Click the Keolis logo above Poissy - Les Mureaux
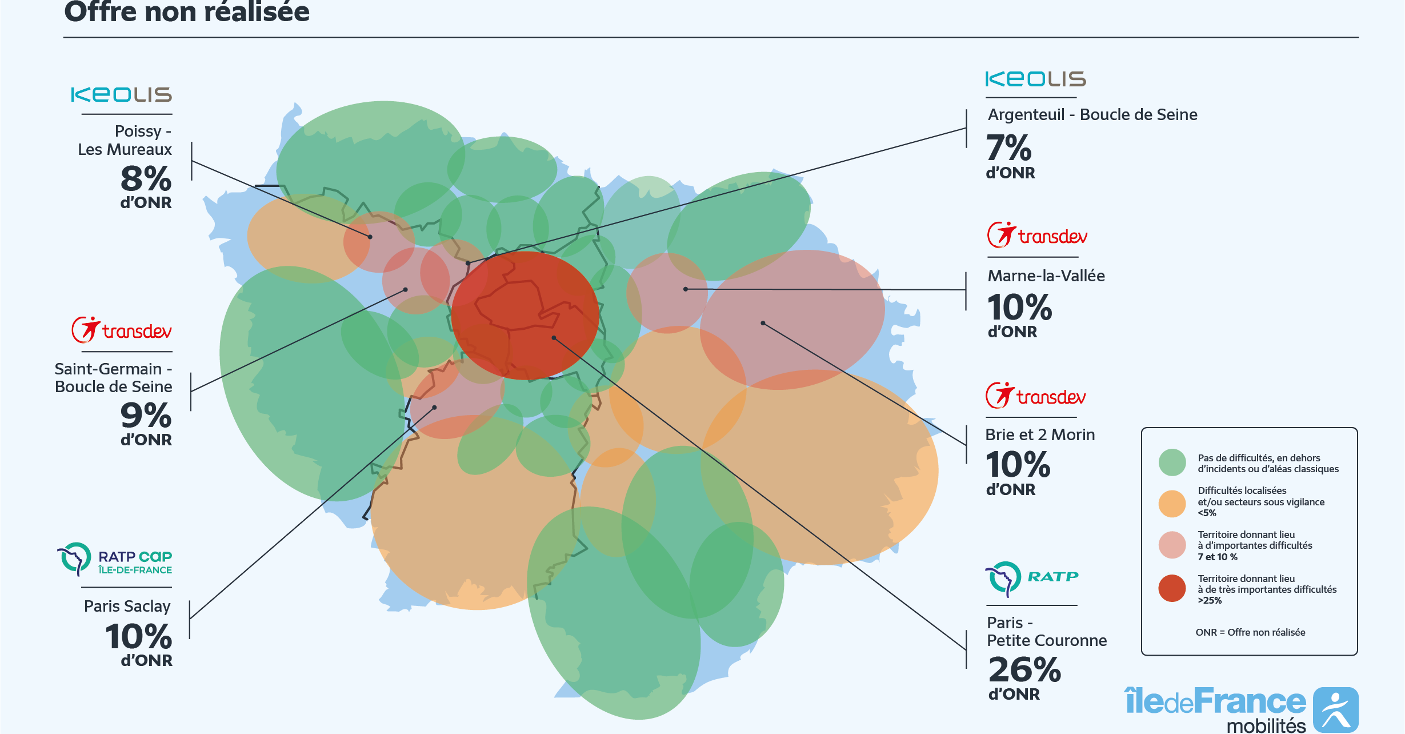coord(121,95)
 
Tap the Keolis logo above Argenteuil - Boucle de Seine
coord(1035,79)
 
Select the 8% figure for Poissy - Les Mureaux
coord(146,179)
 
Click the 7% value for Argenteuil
coord(1008,148)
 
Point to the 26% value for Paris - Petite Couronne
coord(1024,670)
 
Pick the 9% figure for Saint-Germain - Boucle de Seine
coord(146,416)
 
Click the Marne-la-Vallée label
coord(1046,276)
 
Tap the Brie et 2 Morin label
coord(1040,435)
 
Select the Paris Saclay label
coord(127,606)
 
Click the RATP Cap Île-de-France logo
coord(115,559)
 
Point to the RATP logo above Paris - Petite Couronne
coord(1031,578)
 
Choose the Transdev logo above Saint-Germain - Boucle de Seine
coord(121,330)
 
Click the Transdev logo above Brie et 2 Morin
coord(1035,396)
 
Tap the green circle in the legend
coord(1172,462)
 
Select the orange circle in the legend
coord(1172,504)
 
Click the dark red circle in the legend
coord(1172,589)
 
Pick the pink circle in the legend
coord(1172,545)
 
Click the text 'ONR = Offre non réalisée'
coord(1250,632)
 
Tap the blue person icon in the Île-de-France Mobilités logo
coord(1335,710)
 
